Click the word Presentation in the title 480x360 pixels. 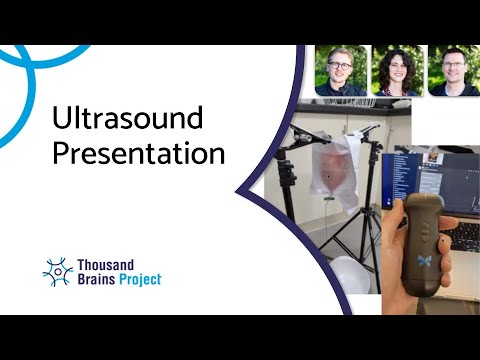pos(138,155)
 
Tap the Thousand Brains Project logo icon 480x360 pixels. pos(59,271)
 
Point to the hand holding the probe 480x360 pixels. pos(400,270)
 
